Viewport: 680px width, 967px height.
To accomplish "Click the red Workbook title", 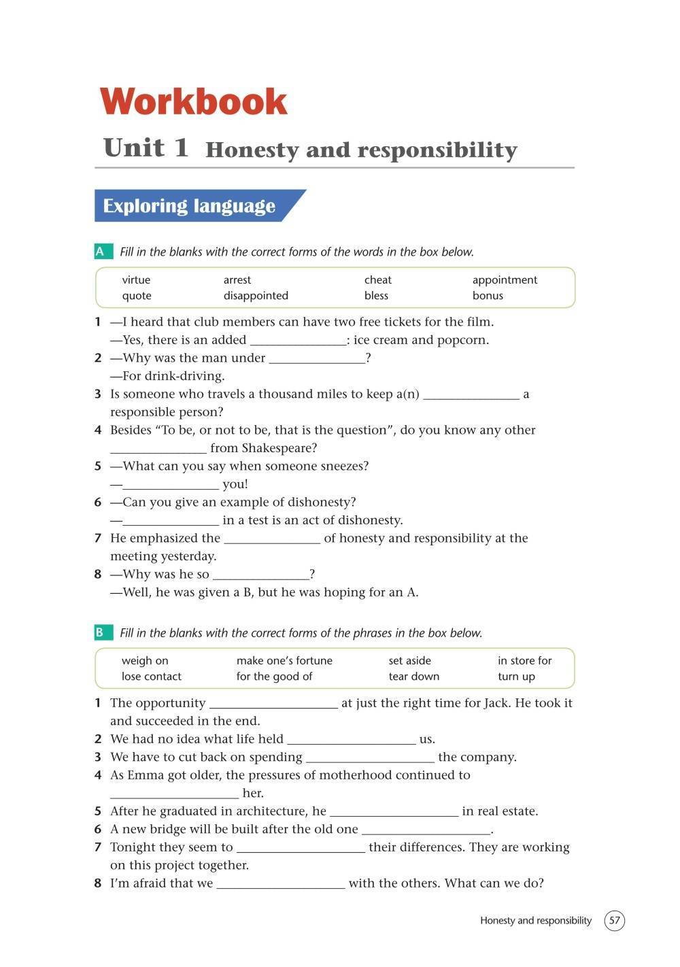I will pyautogui.click(x=194, y=102).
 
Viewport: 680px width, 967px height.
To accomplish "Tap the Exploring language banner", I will pyautogui.click(x=190, y=206).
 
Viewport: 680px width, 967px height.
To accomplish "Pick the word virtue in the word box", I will pyautogui.click(x=136, y=280).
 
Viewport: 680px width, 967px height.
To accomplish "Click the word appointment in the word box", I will pyautogui.click(x=505, y=280).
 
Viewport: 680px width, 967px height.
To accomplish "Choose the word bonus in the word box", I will pyautogui.click(x=488, y=296).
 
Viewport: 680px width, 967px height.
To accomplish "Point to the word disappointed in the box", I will pyautogui.click(x=256, y=296).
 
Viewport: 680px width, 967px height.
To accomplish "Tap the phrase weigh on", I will pyautogui.click(x=145, y=661).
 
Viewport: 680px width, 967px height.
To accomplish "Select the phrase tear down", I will pyautogui.click(x=414, y=677).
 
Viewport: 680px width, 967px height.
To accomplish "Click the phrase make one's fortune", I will pyautogui.click(x=284, y=661).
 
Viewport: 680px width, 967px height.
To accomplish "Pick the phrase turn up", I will pyautogui.click(x=516, y=677).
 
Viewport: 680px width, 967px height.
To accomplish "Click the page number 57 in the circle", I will pyautogui.click(x=615, y=921).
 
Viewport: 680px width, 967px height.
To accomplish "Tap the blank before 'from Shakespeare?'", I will pyautogui.click(x=158, y=449).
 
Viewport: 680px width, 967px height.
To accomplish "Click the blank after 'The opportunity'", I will pyautogui.click(x=273, y=704).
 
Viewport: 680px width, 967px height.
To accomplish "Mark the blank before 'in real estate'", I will pyautogui.click(x=394, y=812).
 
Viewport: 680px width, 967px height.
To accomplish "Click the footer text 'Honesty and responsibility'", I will pyautogui.click(x=536, y=921).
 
